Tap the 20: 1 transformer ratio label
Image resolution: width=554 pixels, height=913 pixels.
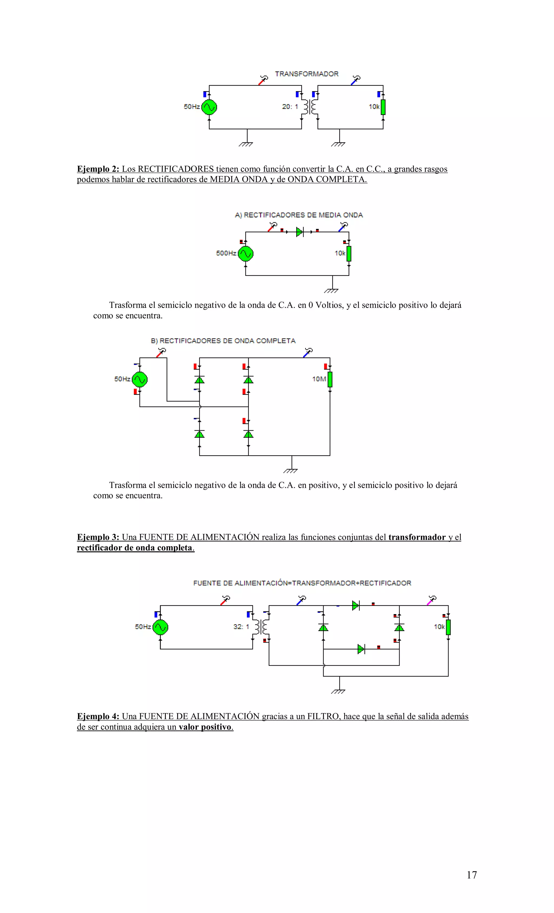(x=290, y=107)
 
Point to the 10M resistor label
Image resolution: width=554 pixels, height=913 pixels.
(x=319, y=379)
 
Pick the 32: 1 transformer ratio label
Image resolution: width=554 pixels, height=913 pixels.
(x=241, y=627)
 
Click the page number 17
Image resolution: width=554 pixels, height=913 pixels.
(x=471, y=875)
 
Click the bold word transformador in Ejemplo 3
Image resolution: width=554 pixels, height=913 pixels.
(x=417, y=537)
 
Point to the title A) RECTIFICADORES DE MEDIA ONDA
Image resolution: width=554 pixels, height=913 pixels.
(x=299, y=215)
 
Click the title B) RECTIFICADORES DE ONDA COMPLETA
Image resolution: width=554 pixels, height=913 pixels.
(x=223, y=341)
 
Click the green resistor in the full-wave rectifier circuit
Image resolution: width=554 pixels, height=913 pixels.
(x=330, y=379)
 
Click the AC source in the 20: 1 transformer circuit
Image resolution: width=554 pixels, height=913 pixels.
(x=209, y=107)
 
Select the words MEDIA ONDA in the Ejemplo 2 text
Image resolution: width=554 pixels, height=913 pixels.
(x=239, y=179)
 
